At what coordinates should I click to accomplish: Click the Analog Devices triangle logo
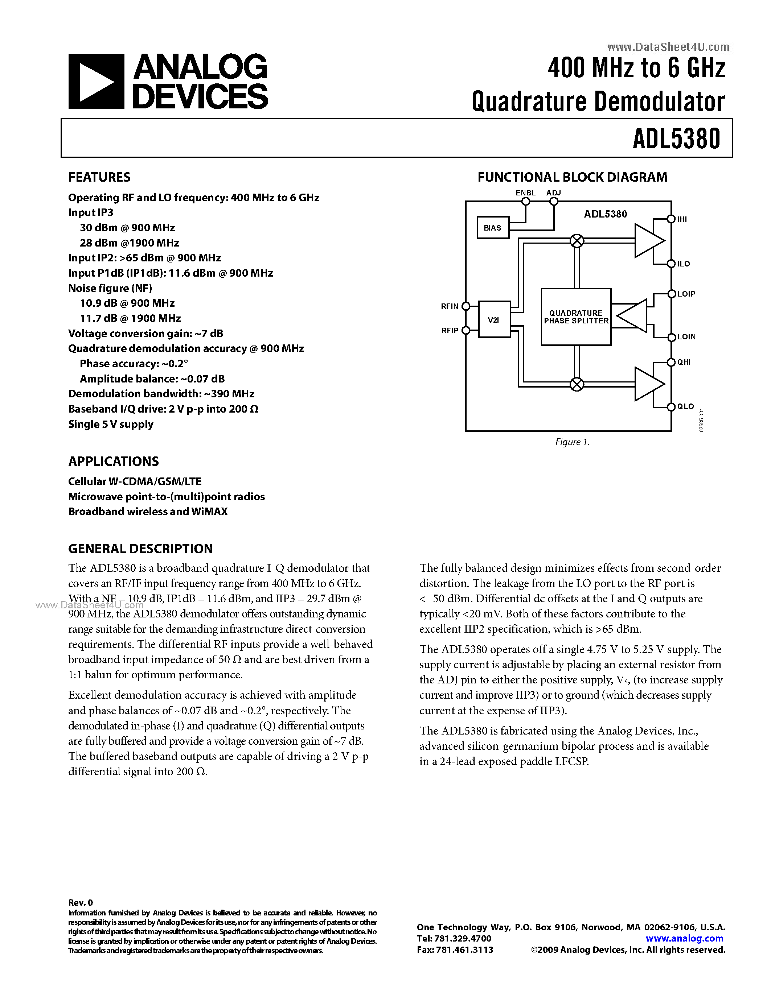(x=96, y=82)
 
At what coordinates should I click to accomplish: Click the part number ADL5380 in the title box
(x=676, y=138)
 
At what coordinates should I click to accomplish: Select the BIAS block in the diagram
(x=492, y=228)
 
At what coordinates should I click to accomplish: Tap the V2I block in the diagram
(x=494, y=319)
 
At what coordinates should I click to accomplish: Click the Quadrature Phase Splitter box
(x=575, y=317)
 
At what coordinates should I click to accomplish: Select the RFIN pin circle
(x=466, y=306)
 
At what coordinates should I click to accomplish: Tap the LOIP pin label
(x=686, y=294)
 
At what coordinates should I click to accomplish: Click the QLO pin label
(x=685, y=406)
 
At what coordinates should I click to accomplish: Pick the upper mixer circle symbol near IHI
(x=577, y=241)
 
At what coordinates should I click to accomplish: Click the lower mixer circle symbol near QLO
(x=577, y=384)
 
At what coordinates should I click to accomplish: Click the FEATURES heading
(x=99, y=177)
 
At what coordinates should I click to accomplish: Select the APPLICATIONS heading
(x=113, y=462)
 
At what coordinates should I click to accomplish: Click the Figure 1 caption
(x=572, y=442)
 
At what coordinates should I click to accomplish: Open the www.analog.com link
(x=684, y=939)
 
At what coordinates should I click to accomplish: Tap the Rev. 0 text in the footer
(x=81, y=902)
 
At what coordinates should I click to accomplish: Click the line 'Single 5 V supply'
(x=111, y=424)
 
